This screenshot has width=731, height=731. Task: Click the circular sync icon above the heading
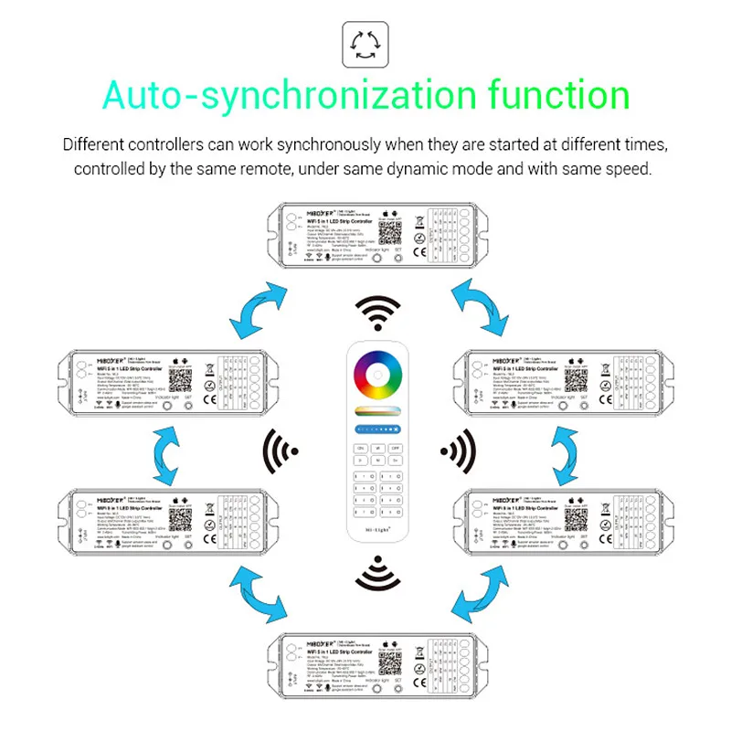365,44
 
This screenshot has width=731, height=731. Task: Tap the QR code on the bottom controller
391,661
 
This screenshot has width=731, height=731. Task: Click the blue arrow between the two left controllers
167,451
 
